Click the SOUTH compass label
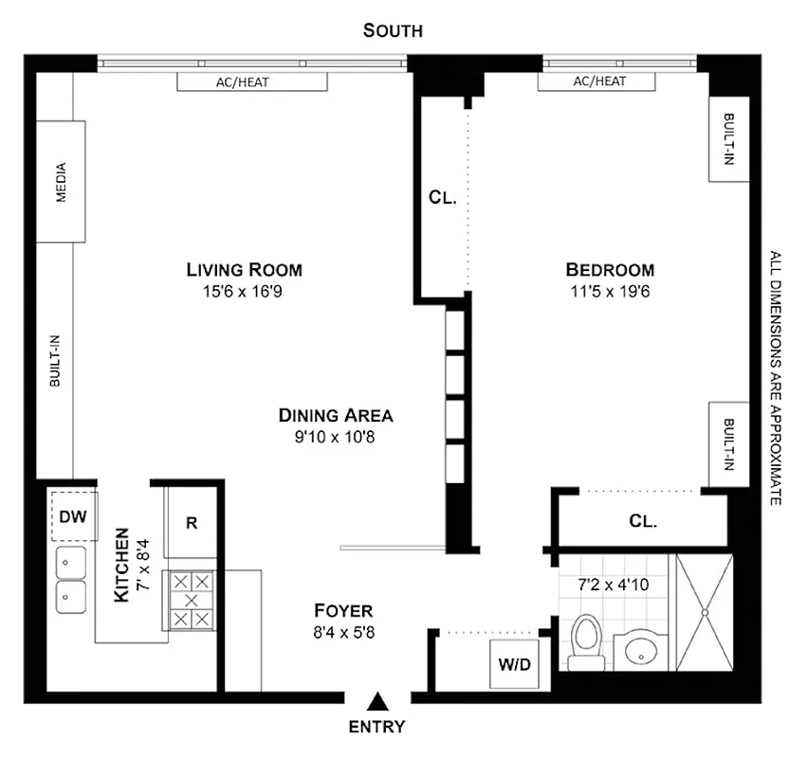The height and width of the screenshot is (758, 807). (393, 30)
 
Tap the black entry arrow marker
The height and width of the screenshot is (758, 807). (377, 702)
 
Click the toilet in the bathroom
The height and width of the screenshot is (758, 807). (586, 643)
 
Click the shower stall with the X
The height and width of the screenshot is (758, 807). (704, 611)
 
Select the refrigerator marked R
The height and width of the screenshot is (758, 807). (191, 522)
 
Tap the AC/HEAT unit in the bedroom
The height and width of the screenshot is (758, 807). (598, 81)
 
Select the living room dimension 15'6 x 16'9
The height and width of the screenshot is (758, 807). (243, 292)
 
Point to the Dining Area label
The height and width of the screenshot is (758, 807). (335, 415)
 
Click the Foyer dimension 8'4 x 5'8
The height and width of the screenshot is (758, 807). (343, 632)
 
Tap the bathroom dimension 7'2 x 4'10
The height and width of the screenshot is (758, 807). (614, 585)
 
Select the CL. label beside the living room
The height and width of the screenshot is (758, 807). (443, 198)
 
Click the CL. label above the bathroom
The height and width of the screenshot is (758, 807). (643, 521)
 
